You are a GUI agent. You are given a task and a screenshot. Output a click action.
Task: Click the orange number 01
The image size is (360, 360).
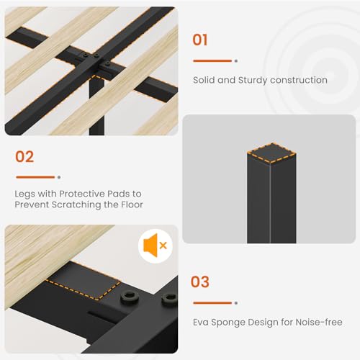pyautogui.click(x=200, y=40)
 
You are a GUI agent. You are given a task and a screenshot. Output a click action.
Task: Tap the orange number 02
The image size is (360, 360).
pyautogui.click(x=24, y=157)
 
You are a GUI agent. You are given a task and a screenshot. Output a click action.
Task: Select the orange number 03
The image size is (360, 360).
pyautogui.click(x=200, y=282)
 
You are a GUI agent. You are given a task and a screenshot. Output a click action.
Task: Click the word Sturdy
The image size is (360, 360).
pyautogui.click(x=253, y=81)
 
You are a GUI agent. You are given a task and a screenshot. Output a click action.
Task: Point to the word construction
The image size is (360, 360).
pyautogui.click(x=299, y=80)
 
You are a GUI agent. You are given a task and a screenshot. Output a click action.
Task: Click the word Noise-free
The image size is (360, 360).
pyautogui.click(x=319, y=322)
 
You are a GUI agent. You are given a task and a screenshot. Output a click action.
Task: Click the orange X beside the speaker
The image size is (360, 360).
pyautogui.click(x=163, y=246)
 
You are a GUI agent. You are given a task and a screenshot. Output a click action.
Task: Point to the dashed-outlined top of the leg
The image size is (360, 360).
pyautogui.click(x=271, y=153)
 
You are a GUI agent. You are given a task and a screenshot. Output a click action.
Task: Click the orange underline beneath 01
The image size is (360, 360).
pyautogui.click(x=212, y=61)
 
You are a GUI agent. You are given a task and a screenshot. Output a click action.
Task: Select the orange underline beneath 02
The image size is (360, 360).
pyautogui.click(x=35, y=177)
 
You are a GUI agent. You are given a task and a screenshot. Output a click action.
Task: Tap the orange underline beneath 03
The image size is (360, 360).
pyautogui.click(x=212, y=303)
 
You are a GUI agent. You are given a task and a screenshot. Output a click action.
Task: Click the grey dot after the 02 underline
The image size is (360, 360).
pyautogui.click(x=59, y=177)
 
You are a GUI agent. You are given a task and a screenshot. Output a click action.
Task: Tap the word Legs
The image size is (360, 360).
pyautogui.click(x=24, y=194)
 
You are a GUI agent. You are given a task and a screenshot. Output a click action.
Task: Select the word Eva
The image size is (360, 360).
pyautogui.click(x=201, y=322)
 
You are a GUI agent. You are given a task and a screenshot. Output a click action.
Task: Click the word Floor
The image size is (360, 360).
pyautogui.click(x=132, y=204)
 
